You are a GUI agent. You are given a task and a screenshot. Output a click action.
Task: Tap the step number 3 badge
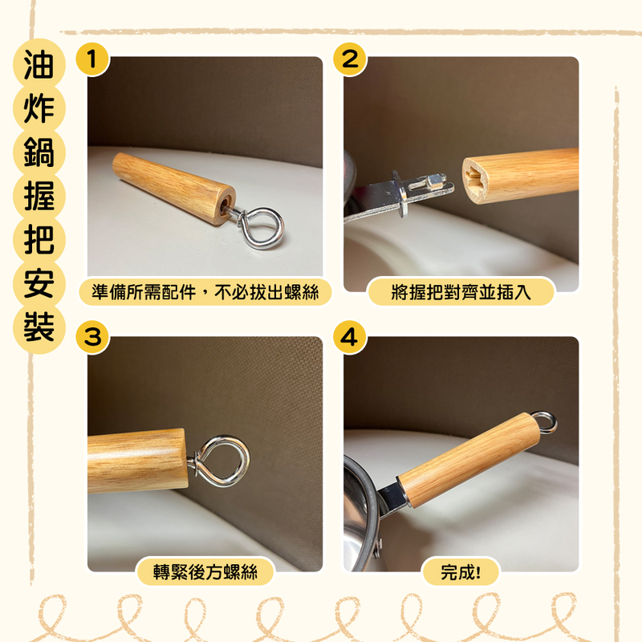(x=92, y=336)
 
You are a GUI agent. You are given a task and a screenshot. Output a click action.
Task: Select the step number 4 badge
(x=350, y=336)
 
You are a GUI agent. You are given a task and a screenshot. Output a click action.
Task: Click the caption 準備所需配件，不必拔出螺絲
(x=205, y=292)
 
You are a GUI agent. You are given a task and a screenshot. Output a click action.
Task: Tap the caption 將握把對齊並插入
(x=461, y=292)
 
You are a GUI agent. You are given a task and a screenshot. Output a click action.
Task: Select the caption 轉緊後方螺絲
(x=205, y=571)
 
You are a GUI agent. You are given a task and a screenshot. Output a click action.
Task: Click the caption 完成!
(x=461, y=571)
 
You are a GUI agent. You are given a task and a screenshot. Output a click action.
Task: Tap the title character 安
(x=38, y=283)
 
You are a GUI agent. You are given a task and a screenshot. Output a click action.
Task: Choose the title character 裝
(x=38, y=327)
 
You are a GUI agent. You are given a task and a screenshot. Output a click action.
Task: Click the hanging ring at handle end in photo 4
(x=546, y=421)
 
